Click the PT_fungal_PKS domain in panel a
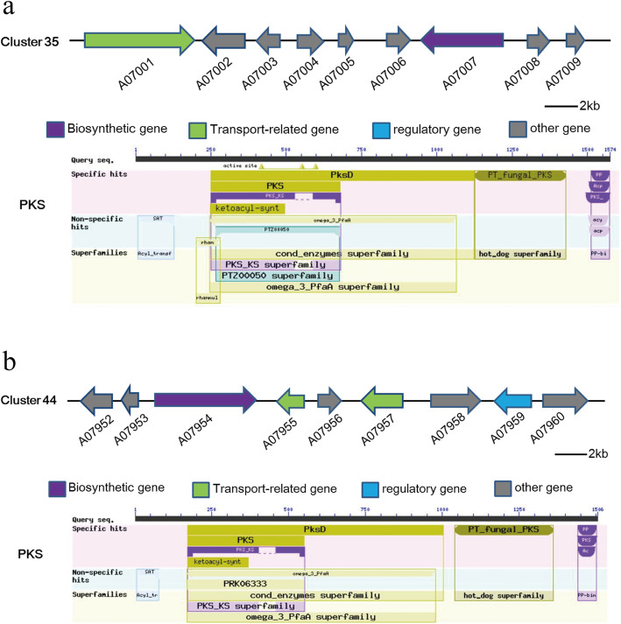[520, 175]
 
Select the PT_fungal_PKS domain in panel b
[504, 530]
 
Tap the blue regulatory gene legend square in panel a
[382, 130]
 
